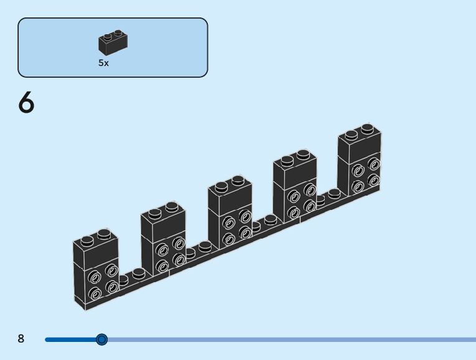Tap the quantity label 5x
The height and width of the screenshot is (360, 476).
103,63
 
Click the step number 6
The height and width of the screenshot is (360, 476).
26,103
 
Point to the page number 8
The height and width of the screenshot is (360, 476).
21,339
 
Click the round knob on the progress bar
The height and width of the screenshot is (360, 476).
102,339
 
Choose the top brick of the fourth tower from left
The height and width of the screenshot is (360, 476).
294,170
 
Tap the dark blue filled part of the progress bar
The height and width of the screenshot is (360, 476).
72,339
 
